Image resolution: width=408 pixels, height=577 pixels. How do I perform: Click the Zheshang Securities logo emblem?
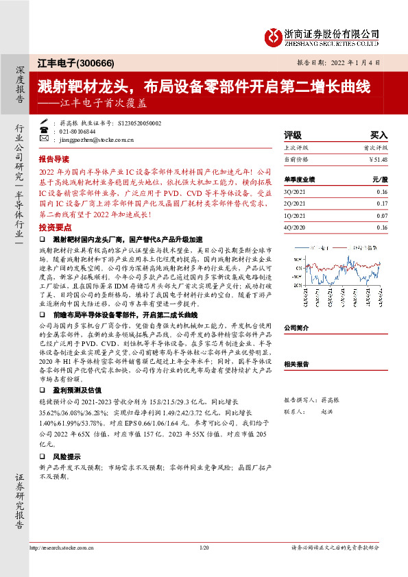[274, 34]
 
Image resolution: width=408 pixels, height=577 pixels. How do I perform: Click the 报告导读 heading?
[55, 157]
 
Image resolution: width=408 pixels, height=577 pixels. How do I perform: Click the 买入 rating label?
[379, 136]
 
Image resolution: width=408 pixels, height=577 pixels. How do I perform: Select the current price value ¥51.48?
[379, 159]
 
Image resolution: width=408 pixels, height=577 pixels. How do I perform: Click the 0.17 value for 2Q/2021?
[382, 204]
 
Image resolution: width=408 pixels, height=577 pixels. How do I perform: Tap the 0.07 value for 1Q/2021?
[382, 215]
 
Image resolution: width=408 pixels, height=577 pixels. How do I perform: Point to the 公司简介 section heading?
[298, 328]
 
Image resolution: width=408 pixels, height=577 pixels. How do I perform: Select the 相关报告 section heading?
[298, 365]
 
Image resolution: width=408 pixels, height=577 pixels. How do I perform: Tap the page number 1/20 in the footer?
[204, 548]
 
